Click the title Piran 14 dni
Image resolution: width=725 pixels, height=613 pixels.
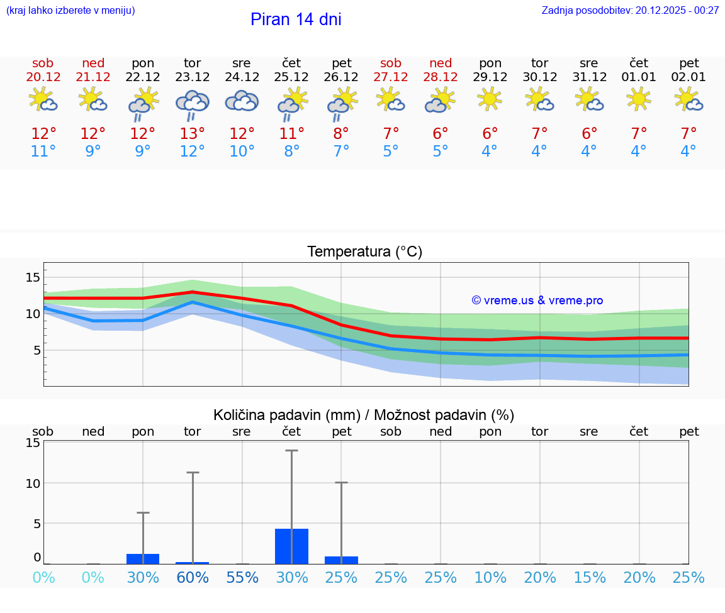(x=296, y=19)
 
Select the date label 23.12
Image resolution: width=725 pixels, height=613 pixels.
(x=192, y=77)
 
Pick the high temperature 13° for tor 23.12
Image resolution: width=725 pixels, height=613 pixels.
(x=192, y=134)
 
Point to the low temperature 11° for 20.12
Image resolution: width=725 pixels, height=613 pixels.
(x=43, y=152)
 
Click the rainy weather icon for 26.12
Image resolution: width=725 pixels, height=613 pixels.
(x=341, y=104)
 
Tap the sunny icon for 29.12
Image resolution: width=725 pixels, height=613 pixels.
(x=490, y=99)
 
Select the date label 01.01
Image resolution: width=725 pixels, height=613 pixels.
(x=639, y=77)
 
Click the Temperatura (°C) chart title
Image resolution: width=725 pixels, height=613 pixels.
(x=364, y=252)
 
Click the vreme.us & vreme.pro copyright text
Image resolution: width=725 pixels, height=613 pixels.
(x=537, y=301)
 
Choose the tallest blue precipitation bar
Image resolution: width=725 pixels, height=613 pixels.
(x=291, y=546)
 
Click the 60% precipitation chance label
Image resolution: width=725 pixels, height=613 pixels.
(x=193, y=578)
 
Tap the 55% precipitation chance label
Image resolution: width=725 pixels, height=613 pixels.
(x=242, y=578)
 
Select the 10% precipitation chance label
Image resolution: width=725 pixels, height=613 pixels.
(x=490, y=578)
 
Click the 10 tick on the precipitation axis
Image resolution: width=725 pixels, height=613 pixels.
(x=33, y=483)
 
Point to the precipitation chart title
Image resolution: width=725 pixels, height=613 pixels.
(x=364, y=415)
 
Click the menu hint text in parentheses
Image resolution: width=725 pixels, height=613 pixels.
(x=70, y=11)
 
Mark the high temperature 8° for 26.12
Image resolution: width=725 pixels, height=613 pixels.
(x=341, y=134)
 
